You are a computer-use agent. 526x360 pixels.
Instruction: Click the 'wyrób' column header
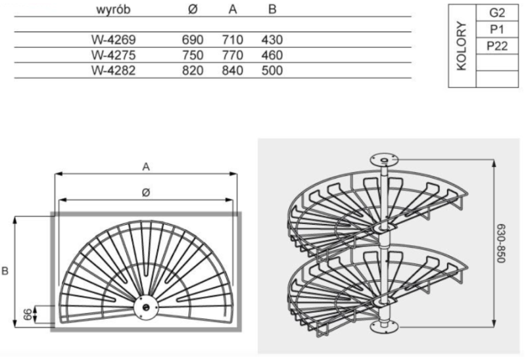point(113,9)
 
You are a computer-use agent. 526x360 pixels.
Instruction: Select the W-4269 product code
point(113,40)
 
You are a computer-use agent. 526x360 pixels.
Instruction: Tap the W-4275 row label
point(113,55)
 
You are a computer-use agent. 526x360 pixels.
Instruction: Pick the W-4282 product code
point(113,71)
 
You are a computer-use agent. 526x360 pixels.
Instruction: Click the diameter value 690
point(193,40)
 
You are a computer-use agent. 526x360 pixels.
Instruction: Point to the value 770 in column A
point(233,55)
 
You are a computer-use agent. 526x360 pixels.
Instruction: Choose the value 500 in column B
point(272,71)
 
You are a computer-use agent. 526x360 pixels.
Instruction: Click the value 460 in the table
point(272,55)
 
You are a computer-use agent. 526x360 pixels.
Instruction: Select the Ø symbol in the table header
point(193,9)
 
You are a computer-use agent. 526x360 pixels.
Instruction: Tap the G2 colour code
point(497,12)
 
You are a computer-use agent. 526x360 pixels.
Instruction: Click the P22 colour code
point(497,46)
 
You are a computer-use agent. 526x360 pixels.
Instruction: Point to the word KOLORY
point(462,46)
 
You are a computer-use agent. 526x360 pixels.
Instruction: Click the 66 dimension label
point(28,315)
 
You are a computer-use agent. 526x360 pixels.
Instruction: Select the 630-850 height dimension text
point(500,244)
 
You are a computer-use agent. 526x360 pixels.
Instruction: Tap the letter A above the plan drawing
point(146,167)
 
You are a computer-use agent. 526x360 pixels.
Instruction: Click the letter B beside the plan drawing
point(5,271)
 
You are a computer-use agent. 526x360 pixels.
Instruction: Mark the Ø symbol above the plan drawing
point(146,192)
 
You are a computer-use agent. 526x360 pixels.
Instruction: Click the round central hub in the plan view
point(146,307)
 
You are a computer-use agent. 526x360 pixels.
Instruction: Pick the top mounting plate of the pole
point(385,159)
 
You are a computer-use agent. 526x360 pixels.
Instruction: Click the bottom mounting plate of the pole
point(385,326)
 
